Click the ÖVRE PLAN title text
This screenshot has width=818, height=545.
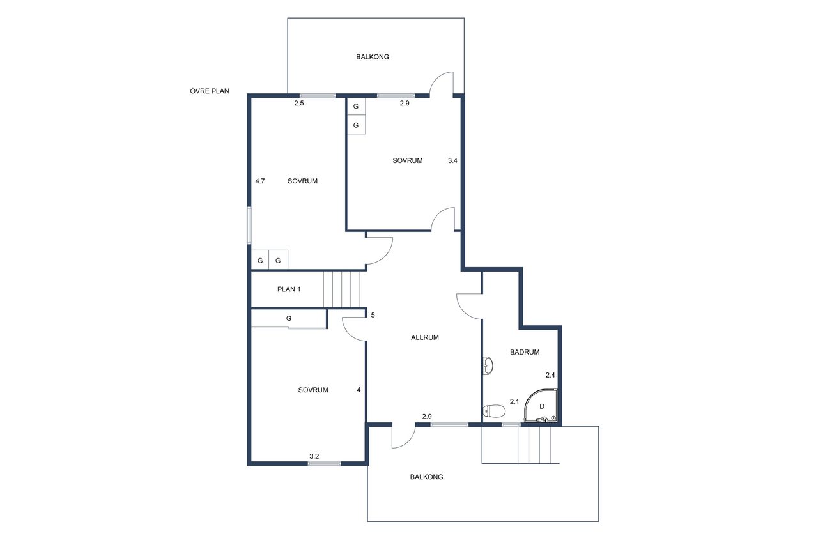(x=209, y=91)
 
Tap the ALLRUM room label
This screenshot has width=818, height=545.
(x=425, y=337)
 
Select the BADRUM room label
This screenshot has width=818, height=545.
(x=525, y=352)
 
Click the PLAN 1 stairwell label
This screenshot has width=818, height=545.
(x=288, y=289)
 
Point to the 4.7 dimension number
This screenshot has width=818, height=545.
(x=260, y=181)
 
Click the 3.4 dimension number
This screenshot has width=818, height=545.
(x=452, y=160)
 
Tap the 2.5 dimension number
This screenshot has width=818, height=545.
(x=298, y=103)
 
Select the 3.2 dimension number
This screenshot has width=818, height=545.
(x=314, y=456)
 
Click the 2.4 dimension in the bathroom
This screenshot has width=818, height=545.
(x=550, y=375)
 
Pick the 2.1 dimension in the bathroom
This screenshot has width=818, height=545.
(x=514, y=401)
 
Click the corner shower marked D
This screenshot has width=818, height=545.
(x=541, y=406)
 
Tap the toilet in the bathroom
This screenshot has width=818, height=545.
(x=494, y=411)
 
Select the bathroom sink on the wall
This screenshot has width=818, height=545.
(x=488, y=365)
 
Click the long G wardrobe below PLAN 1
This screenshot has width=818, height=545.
(x=288, y=319)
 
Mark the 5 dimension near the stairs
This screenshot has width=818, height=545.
(x=373, y=315)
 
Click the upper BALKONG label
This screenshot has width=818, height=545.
(x=373, y=57)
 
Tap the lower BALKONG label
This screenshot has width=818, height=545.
(x=426, y=477)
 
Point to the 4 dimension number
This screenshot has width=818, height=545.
(x=359, y=390)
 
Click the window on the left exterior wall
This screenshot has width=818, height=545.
(x=249, y=226)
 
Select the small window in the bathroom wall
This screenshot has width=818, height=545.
(x=511, y=424)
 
